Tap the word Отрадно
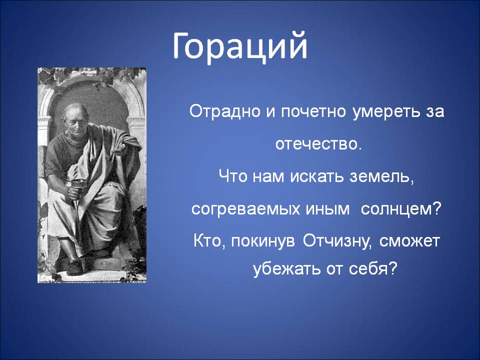pyautogui.click(x=225, y=111)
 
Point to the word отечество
pyautogui.click(x=318, y=144)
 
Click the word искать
pyautogui.click(x=317, y=176)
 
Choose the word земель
pyautogui.click(x=381, y=177)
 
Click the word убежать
pyautogui.click(x=284, y=269)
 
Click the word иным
pyautogui.click(x=327, y=209)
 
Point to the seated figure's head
pyautogui.click(x=75, y=118)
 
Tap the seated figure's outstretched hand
pyautogui.click(x=120, y=148)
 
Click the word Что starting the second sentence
pyautogui.click(x=232, y=176)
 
